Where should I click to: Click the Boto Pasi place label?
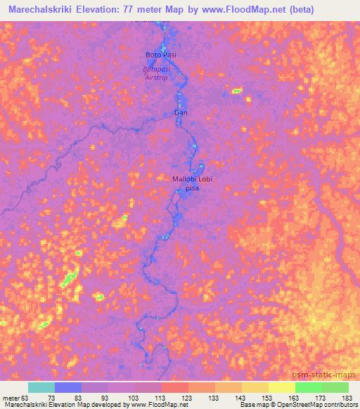click(159, 54)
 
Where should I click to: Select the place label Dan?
click(181, 112)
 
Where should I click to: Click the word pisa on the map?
click(192, 189)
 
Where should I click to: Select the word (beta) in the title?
click(300, 9)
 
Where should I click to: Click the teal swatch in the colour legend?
click(41, 387)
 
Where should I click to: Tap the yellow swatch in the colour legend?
click(281, 387)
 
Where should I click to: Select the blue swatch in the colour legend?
click(68, 387)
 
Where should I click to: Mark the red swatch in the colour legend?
click(175, 387)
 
